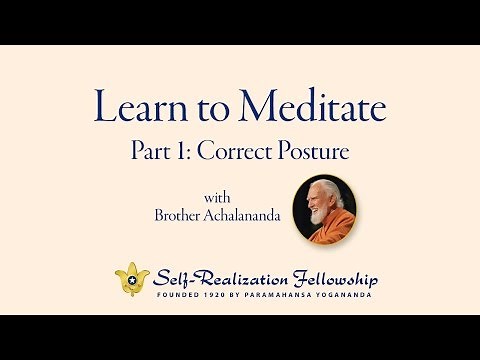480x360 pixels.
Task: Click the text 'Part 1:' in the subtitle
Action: pyautogui.click(x=157, y=151)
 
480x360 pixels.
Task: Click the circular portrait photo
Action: pyautogui.click(x=325, y=206)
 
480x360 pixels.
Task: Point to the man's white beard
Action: pyautogui.click(x=318, y=213)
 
